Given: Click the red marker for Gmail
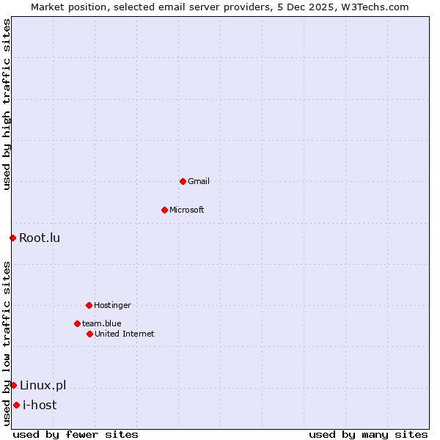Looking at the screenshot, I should [183, 181].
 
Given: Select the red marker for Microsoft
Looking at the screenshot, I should [164, 210].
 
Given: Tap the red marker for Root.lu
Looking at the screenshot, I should [12, 238].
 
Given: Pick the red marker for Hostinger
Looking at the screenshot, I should [89, 305].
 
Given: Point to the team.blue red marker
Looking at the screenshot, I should [77, 323].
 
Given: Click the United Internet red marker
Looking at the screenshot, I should [89, 334].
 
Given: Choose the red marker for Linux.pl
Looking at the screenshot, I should [13, 385].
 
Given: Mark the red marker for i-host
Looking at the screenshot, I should [16, 405].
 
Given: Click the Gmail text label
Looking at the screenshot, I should [199, 181].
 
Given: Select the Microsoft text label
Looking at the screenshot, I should [187, 210].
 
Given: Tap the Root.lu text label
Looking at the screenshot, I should [40, 238].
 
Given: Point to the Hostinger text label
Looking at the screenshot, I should [112, 305].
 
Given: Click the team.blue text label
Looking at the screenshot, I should [102, 323].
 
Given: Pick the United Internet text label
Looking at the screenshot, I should [125, 334].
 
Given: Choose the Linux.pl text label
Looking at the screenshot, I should [43, 385].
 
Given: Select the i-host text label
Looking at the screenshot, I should [40, 405].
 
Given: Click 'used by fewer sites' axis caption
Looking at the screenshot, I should [76, 434].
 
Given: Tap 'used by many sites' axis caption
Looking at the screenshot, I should [368, 434].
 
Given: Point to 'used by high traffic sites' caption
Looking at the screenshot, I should [7, 104].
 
